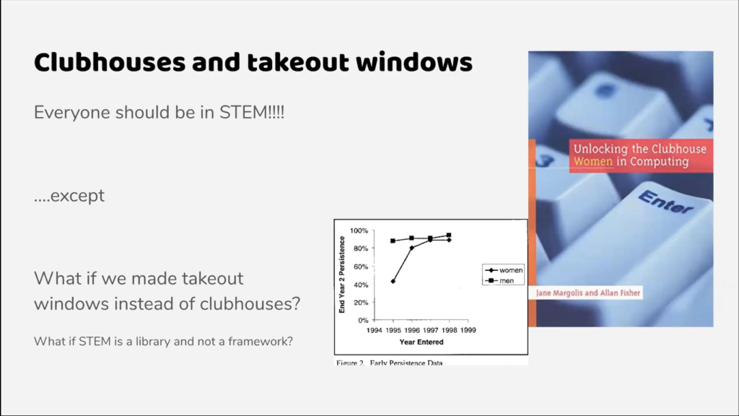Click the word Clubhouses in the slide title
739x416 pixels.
pos(110,62)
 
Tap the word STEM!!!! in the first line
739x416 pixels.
pos(252,112)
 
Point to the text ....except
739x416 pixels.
pos(69,195)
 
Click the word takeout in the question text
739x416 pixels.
pos(213,278)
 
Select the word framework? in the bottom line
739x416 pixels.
pos(261,341)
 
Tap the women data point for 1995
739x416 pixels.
pos(393,281)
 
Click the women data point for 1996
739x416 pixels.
pos(412,248)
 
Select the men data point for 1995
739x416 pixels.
pos(393,241)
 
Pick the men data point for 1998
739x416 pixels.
pos(449,235)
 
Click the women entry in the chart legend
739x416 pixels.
pos(503,270)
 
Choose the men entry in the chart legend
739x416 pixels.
pos(499,281)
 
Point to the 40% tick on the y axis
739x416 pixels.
pos(361,285)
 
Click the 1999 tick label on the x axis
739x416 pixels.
pos(468,330)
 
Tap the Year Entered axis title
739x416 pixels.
pos(421,342)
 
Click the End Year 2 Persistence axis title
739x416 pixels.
pos(341,274)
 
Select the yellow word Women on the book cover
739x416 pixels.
pos(593,162)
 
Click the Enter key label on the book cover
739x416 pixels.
pos(665,202)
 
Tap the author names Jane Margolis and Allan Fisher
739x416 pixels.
pos(587,293)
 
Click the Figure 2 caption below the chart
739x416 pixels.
pos(389,363)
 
